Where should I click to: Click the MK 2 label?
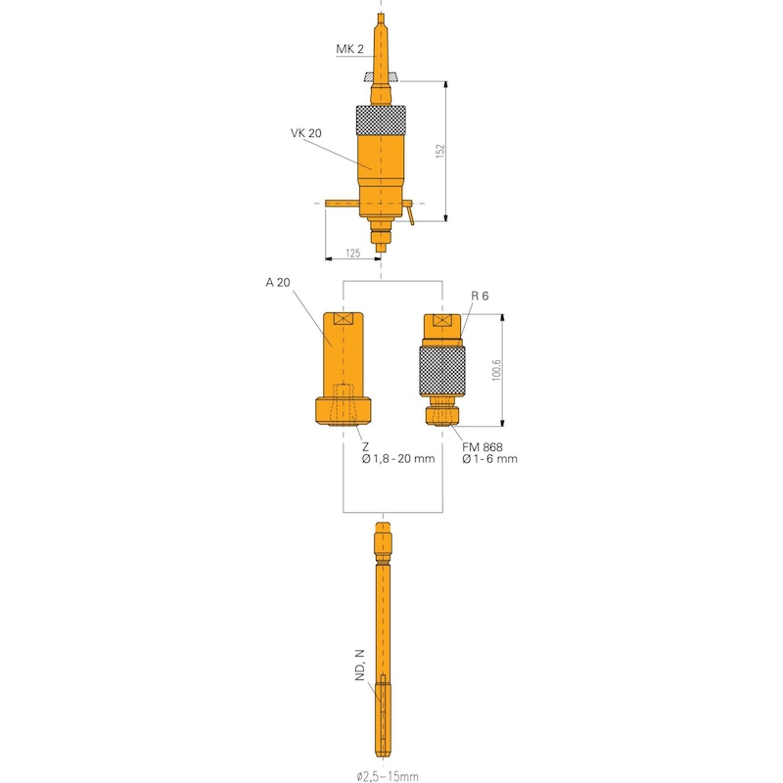[350, 49]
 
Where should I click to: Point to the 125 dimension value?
[353, 253]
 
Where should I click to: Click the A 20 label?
[278, 283]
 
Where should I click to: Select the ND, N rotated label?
[360, 666]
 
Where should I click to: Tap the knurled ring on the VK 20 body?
[380, 119]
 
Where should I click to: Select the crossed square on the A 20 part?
[344, 320]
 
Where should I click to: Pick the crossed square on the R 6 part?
[442, 321]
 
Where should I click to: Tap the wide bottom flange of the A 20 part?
[344, 410]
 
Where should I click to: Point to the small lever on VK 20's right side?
[411, 211]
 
